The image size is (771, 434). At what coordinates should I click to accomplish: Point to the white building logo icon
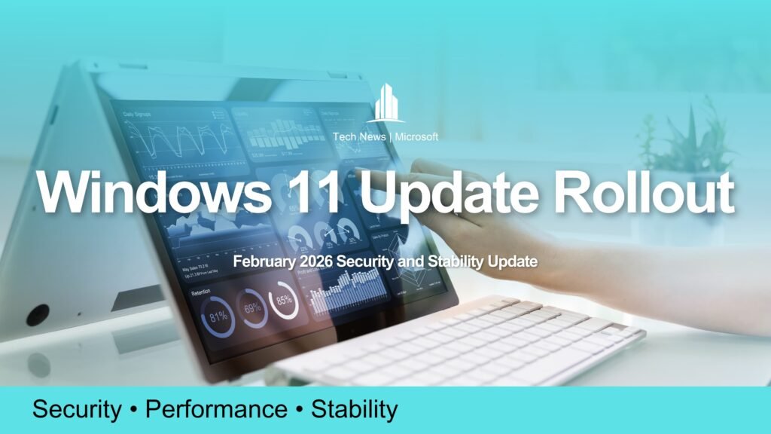385,103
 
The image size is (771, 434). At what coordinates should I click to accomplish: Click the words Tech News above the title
357,137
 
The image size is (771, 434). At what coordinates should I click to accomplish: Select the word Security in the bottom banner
76,410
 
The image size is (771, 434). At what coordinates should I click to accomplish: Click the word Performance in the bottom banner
216,410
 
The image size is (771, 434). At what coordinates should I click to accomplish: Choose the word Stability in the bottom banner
354,410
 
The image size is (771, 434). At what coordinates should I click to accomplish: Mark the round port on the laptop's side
37,314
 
